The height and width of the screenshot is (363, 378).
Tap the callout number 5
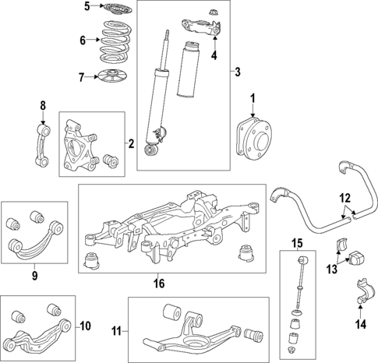87,7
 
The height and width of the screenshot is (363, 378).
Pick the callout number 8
43,105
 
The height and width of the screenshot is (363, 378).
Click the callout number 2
132,144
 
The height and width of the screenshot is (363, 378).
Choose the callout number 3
236,72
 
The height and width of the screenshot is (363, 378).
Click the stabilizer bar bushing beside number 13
358,256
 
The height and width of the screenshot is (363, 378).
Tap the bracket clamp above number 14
359,289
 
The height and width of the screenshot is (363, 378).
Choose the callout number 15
297,242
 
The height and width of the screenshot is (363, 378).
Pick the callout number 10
86,325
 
